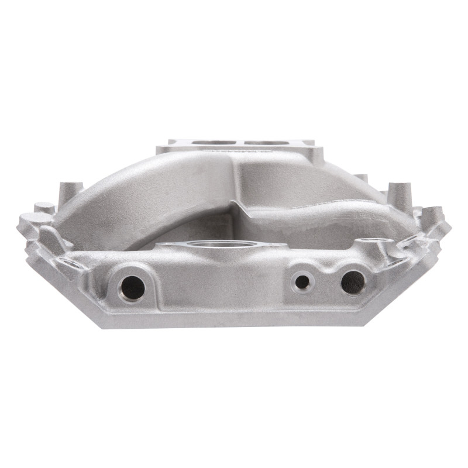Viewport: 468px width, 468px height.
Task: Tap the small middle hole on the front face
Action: pyautogui.click(x=302, y=282)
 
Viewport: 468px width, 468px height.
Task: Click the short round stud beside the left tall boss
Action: pyautogui.click(x=44, y=208)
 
